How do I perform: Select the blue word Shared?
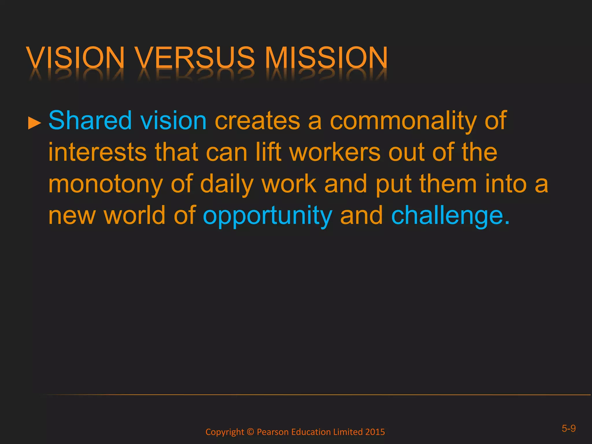[90, 120]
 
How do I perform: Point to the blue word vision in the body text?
[173, 120]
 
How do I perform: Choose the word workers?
[335, 152]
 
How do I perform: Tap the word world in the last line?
[135, 215]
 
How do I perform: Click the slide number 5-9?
[569, 428]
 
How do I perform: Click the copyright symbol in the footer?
[250, 432]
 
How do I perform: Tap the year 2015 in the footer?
[375, 432]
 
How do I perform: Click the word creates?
[257, 121]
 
